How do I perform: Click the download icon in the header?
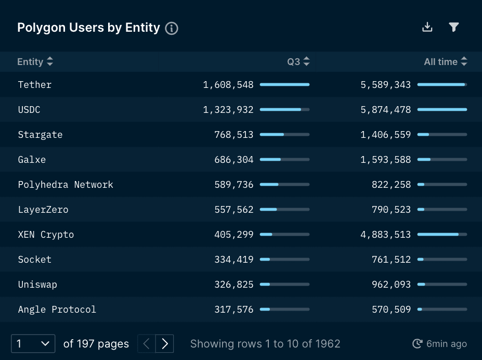pyautogui.click(x=427, y=27)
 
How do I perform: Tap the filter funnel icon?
pyautogui.click(x=454, y=27)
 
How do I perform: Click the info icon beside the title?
pyautogui.click(x=172, y=29)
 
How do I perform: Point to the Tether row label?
pyautogui.click(x=35, y=85)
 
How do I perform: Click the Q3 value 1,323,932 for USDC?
pyautogui.click(x=228, y=110)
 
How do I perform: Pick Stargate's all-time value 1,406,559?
pyautogui.click(x=385, y=135)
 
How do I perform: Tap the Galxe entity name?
pyautogui.click(x=32, y=160)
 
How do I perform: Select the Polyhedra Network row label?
pyautogui.click(x=66, y=185)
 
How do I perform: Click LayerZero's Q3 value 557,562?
pyautogui.click(x=234, y=210)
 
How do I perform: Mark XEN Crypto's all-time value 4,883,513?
pyautogui.click(x=385, y=235)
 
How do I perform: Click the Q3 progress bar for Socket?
pyautogui.click(x=284, y=260)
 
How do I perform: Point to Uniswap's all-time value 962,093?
pyautogui.click(x=391, y=285)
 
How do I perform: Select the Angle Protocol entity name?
pyautogui.click(x=57, y=310)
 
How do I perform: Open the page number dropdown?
pyautogui.click(x=33, y=343)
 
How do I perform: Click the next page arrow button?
pyautogui.click(x=165, y=343)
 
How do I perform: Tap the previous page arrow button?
pyautogui.click(x=147, y=343)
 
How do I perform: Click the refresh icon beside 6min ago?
pyautogui.click(x=417, y=343)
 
